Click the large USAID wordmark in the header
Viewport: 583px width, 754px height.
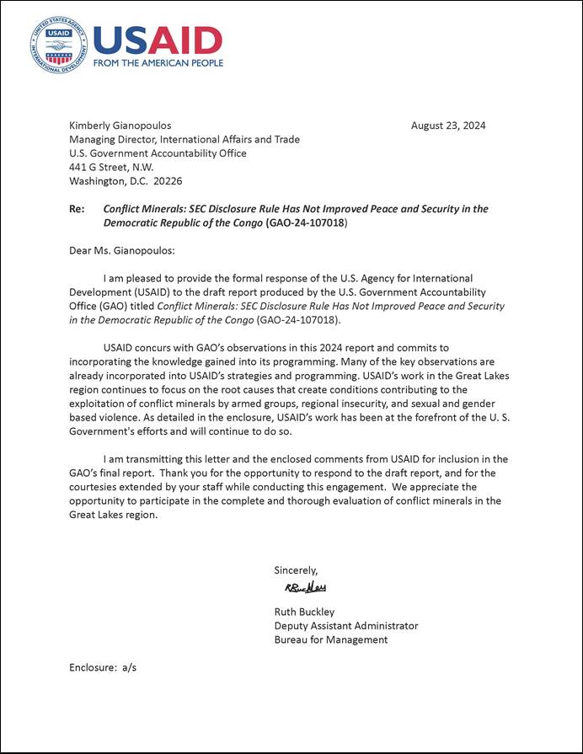pyautogui.click(x=158, y=39)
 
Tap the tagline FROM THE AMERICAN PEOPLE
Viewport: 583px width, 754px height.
pyautogui.click(x=158, y=63)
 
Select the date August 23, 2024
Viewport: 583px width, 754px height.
pyautogui.click(x=447, y=126)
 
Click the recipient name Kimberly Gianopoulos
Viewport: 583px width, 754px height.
pyautogui.click(x=120, y=126)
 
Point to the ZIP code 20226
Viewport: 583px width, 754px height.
pyautogui.click(x=168, y=181)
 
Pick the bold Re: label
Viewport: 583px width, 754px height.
pyautogui.click(x=76, y=209)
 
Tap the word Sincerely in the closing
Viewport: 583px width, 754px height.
pyautogui.click(x=296, y=570)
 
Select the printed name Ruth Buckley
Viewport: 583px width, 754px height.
pyautogui.click(x=305, y=612)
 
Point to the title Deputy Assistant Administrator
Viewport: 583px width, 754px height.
pyautogui.click(x=345, y=626)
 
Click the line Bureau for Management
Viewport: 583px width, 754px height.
pyautogui.click(x=330, y=639)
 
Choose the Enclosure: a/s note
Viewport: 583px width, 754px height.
pyautogui.click(x=103, y=667)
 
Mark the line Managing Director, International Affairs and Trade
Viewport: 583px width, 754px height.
pyautogui.click(x=184, y=140)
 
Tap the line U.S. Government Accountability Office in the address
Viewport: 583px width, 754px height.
pyautogui.click(x=158, y=153)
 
